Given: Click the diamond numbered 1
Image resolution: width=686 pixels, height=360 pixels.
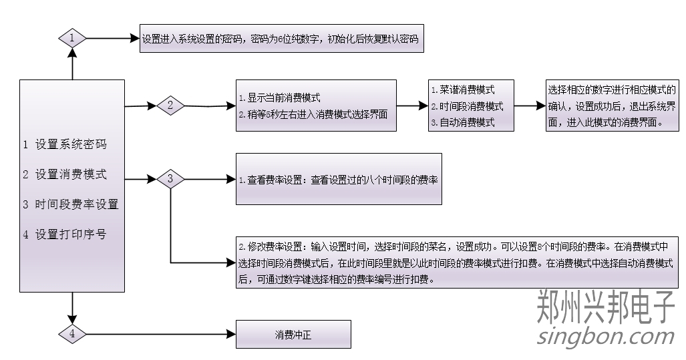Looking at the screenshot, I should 72,38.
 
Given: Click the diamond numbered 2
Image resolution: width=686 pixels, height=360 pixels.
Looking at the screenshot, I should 170,105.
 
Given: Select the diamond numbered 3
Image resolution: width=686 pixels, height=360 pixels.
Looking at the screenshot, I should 170,179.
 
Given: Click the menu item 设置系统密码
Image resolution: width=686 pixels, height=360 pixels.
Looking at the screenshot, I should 65,144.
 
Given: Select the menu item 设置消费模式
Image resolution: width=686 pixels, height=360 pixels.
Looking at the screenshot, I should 65,174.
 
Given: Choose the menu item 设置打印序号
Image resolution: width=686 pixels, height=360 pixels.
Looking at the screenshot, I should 65,234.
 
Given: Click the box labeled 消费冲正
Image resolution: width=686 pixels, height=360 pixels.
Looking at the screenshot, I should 293,335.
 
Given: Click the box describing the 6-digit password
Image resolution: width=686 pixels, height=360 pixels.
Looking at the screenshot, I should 282,39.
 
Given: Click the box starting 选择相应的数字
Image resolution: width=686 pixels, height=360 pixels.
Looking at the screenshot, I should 611,106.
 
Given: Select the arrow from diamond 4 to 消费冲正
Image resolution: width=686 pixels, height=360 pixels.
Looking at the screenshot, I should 160,333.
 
